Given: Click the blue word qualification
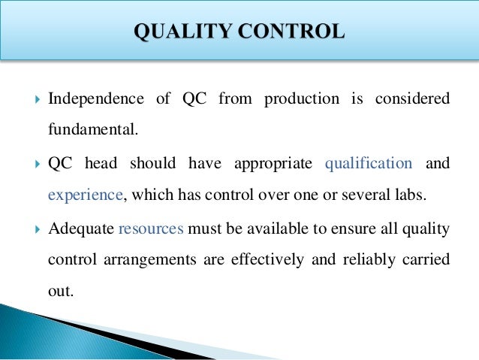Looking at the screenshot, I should point(368,162).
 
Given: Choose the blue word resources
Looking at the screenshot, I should point(151,226).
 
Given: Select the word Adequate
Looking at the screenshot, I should point(80,226).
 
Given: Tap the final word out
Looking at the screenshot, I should point(60,290).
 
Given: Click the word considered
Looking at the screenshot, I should point(417,99).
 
